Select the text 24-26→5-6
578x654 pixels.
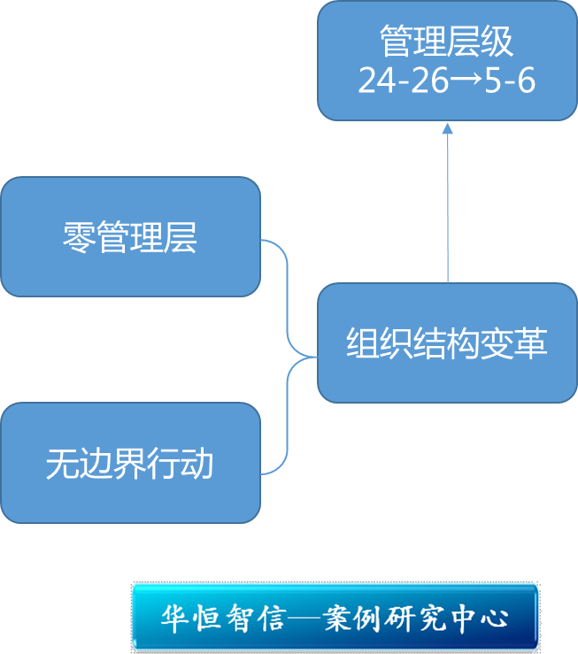coord(447,81)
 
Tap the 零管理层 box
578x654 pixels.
coord(130,237)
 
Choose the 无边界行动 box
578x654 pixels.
coord(130,463)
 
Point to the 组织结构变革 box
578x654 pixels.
coord(447,343)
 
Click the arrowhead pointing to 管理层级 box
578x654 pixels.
coord(447,128)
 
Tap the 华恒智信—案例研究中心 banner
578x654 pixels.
coord(335,617)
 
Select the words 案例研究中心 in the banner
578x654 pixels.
coord(417,618)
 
